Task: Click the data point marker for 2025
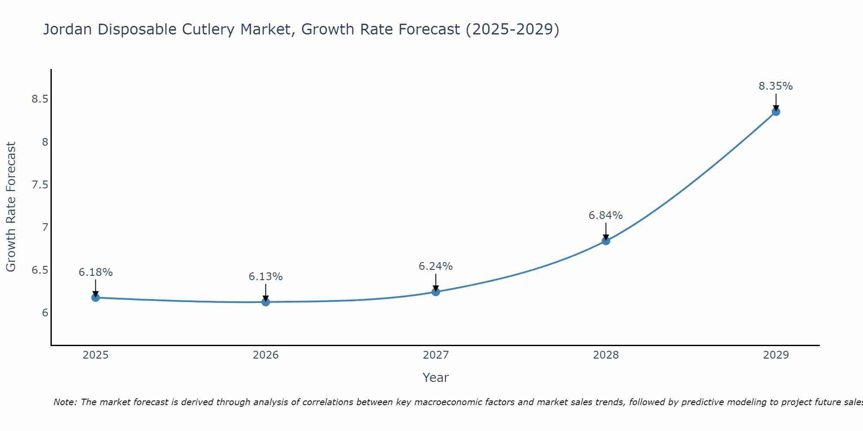point(96,297)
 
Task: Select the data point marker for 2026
point(266,302)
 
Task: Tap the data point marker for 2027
point(436,292)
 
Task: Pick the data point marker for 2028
point(606,240)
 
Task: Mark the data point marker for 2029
point(776,112)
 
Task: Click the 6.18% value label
point(96,272)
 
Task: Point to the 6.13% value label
point(266,277)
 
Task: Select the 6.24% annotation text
point(436,266)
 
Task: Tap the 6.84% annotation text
point(606,215)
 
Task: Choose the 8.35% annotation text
point(776,86)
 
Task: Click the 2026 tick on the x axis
point(266,355)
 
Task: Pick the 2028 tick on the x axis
point(606,355)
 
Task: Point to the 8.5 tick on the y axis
point(40,100)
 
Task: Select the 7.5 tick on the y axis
point(40,185)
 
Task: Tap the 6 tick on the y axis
point(45,313)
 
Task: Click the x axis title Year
point(436,378)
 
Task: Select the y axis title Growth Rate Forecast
point(11,207)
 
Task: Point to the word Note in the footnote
point(65,402)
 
